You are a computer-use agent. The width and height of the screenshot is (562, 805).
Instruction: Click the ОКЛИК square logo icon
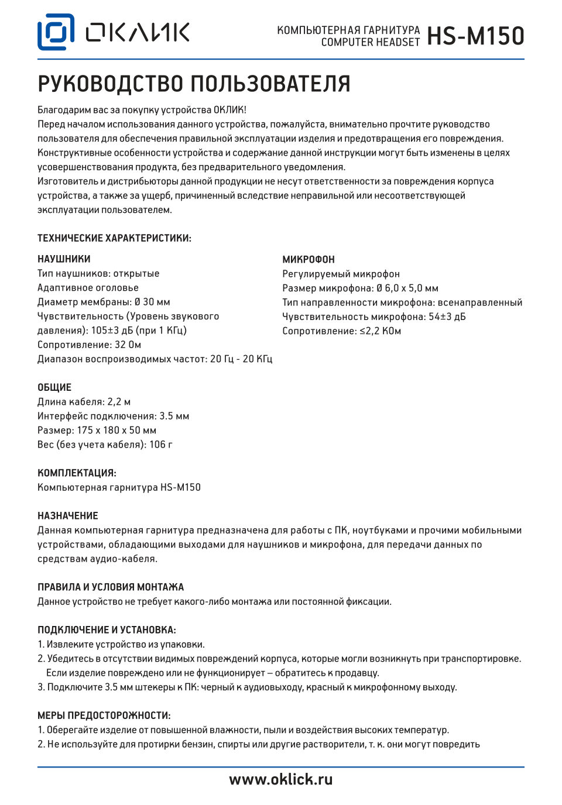56,32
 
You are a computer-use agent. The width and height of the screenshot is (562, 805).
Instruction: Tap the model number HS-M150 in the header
475,36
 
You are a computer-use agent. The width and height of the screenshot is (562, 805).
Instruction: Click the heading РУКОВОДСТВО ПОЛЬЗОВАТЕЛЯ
194,84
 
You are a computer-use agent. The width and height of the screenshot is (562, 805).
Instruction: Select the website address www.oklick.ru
281,779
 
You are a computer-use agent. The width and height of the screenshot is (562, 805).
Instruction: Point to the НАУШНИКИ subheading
64,259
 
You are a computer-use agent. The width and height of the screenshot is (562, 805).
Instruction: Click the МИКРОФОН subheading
309,260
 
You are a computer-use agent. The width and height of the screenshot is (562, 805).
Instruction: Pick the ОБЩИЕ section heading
54,387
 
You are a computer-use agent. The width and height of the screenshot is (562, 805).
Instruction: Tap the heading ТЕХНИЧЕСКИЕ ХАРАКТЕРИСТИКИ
114,238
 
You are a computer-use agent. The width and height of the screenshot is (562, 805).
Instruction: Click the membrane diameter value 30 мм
156,302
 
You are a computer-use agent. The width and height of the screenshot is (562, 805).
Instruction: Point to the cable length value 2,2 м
119,402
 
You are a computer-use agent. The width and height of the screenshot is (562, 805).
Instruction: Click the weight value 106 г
161,445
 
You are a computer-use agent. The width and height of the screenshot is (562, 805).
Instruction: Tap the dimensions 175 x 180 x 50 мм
116,430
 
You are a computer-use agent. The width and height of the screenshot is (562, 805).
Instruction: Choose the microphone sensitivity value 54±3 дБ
447,317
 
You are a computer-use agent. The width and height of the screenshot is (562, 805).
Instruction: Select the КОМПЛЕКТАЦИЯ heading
77,473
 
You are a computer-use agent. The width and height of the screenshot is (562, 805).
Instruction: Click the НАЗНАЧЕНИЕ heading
68,515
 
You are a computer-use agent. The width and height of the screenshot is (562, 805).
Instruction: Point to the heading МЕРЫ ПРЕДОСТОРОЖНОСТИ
104,715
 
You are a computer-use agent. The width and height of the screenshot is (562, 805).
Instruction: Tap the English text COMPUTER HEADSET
371,42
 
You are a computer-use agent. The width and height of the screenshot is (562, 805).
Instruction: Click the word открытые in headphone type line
136,274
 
